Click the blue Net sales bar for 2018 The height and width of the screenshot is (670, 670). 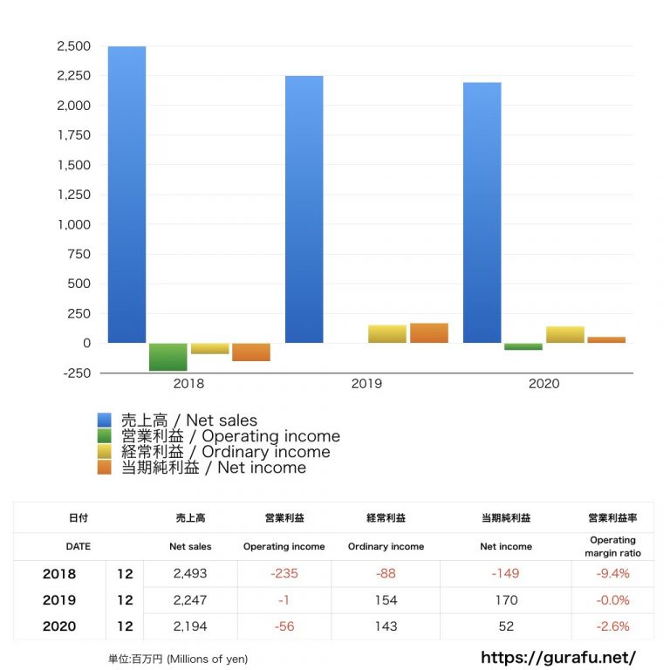coord(126,194)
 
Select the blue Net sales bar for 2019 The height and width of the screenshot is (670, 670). coord(304,209)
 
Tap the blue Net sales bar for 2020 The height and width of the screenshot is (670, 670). coord(482,212)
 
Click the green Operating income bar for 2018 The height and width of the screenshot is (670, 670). coord(168,357)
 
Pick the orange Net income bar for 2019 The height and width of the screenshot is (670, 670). coord(429,333)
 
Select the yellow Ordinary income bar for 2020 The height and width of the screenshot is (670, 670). coord(564,335)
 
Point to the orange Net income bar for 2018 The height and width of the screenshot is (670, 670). coord(251,352)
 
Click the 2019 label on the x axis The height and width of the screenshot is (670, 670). coord(366,384)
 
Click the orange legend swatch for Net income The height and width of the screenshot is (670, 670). coord(105,468)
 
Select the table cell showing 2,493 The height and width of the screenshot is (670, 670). coord(190,574)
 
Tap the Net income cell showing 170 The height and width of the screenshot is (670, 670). coord(506,600)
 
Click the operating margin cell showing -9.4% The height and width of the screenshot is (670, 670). coord(612,574)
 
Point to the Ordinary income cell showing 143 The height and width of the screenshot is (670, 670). coord(386,626)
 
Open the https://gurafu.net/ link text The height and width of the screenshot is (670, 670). coord(558,658)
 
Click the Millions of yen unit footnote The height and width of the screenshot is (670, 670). coord(178,659)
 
